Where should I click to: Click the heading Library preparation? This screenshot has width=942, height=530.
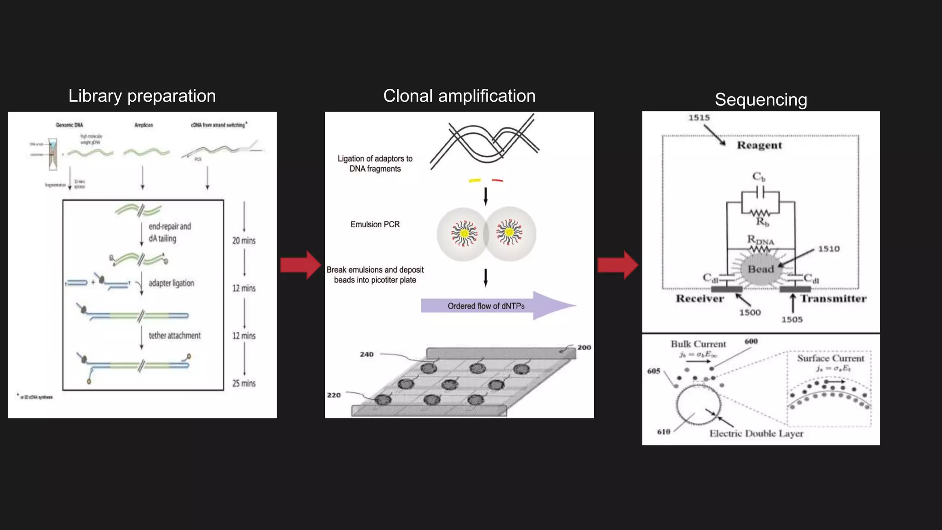pos(142,96)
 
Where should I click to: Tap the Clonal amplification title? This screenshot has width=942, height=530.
pos(459,96)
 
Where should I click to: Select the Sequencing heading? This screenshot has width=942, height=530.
pos(761,100)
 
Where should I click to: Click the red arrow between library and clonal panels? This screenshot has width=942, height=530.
pos(300,265)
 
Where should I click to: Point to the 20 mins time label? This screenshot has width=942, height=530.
pos(244,241)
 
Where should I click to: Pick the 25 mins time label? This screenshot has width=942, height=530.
pos(244,383)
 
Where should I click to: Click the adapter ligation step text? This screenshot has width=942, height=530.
pos(171,283)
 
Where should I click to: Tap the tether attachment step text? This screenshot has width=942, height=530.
pos(174,335)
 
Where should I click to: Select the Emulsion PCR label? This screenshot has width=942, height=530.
pos(375,225)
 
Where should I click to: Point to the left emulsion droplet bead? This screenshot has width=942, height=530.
pos(464,234)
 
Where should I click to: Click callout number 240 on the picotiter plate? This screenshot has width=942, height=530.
pos(367,354)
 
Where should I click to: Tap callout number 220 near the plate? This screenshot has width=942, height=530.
pos(333,395)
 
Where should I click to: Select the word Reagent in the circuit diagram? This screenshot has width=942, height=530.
pos(759,145)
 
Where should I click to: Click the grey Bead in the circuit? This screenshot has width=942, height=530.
pos(760,269)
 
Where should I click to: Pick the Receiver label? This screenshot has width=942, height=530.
pos(700,299)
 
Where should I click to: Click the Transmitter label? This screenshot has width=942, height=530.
pos(833,299)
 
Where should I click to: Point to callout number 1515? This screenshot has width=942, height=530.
pos(699,118)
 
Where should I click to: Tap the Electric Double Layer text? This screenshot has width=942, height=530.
pos(756,433)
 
